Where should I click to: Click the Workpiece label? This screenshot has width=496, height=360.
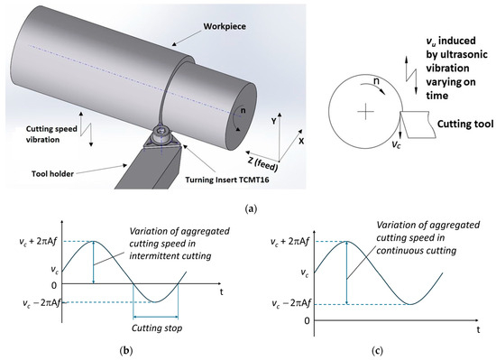[225, 26]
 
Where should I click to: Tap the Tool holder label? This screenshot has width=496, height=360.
[52, 173]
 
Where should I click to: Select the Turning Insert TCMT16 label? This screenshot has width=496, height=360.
[227, 180]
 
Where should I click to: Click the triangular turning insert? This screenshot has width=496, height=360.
[162, 141]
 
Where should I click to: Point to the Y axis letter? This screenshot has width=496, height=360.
[274, 121]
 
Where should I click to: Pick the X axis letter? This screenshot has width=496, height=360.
[301, 141]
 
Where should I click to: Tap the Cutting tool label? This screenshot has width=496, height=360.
[465, 124]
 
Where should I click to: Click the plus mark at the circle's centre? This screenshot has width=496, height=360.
[365, 111]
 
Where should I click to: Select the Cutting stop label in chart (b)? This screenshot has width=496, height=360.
[157, 328]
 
